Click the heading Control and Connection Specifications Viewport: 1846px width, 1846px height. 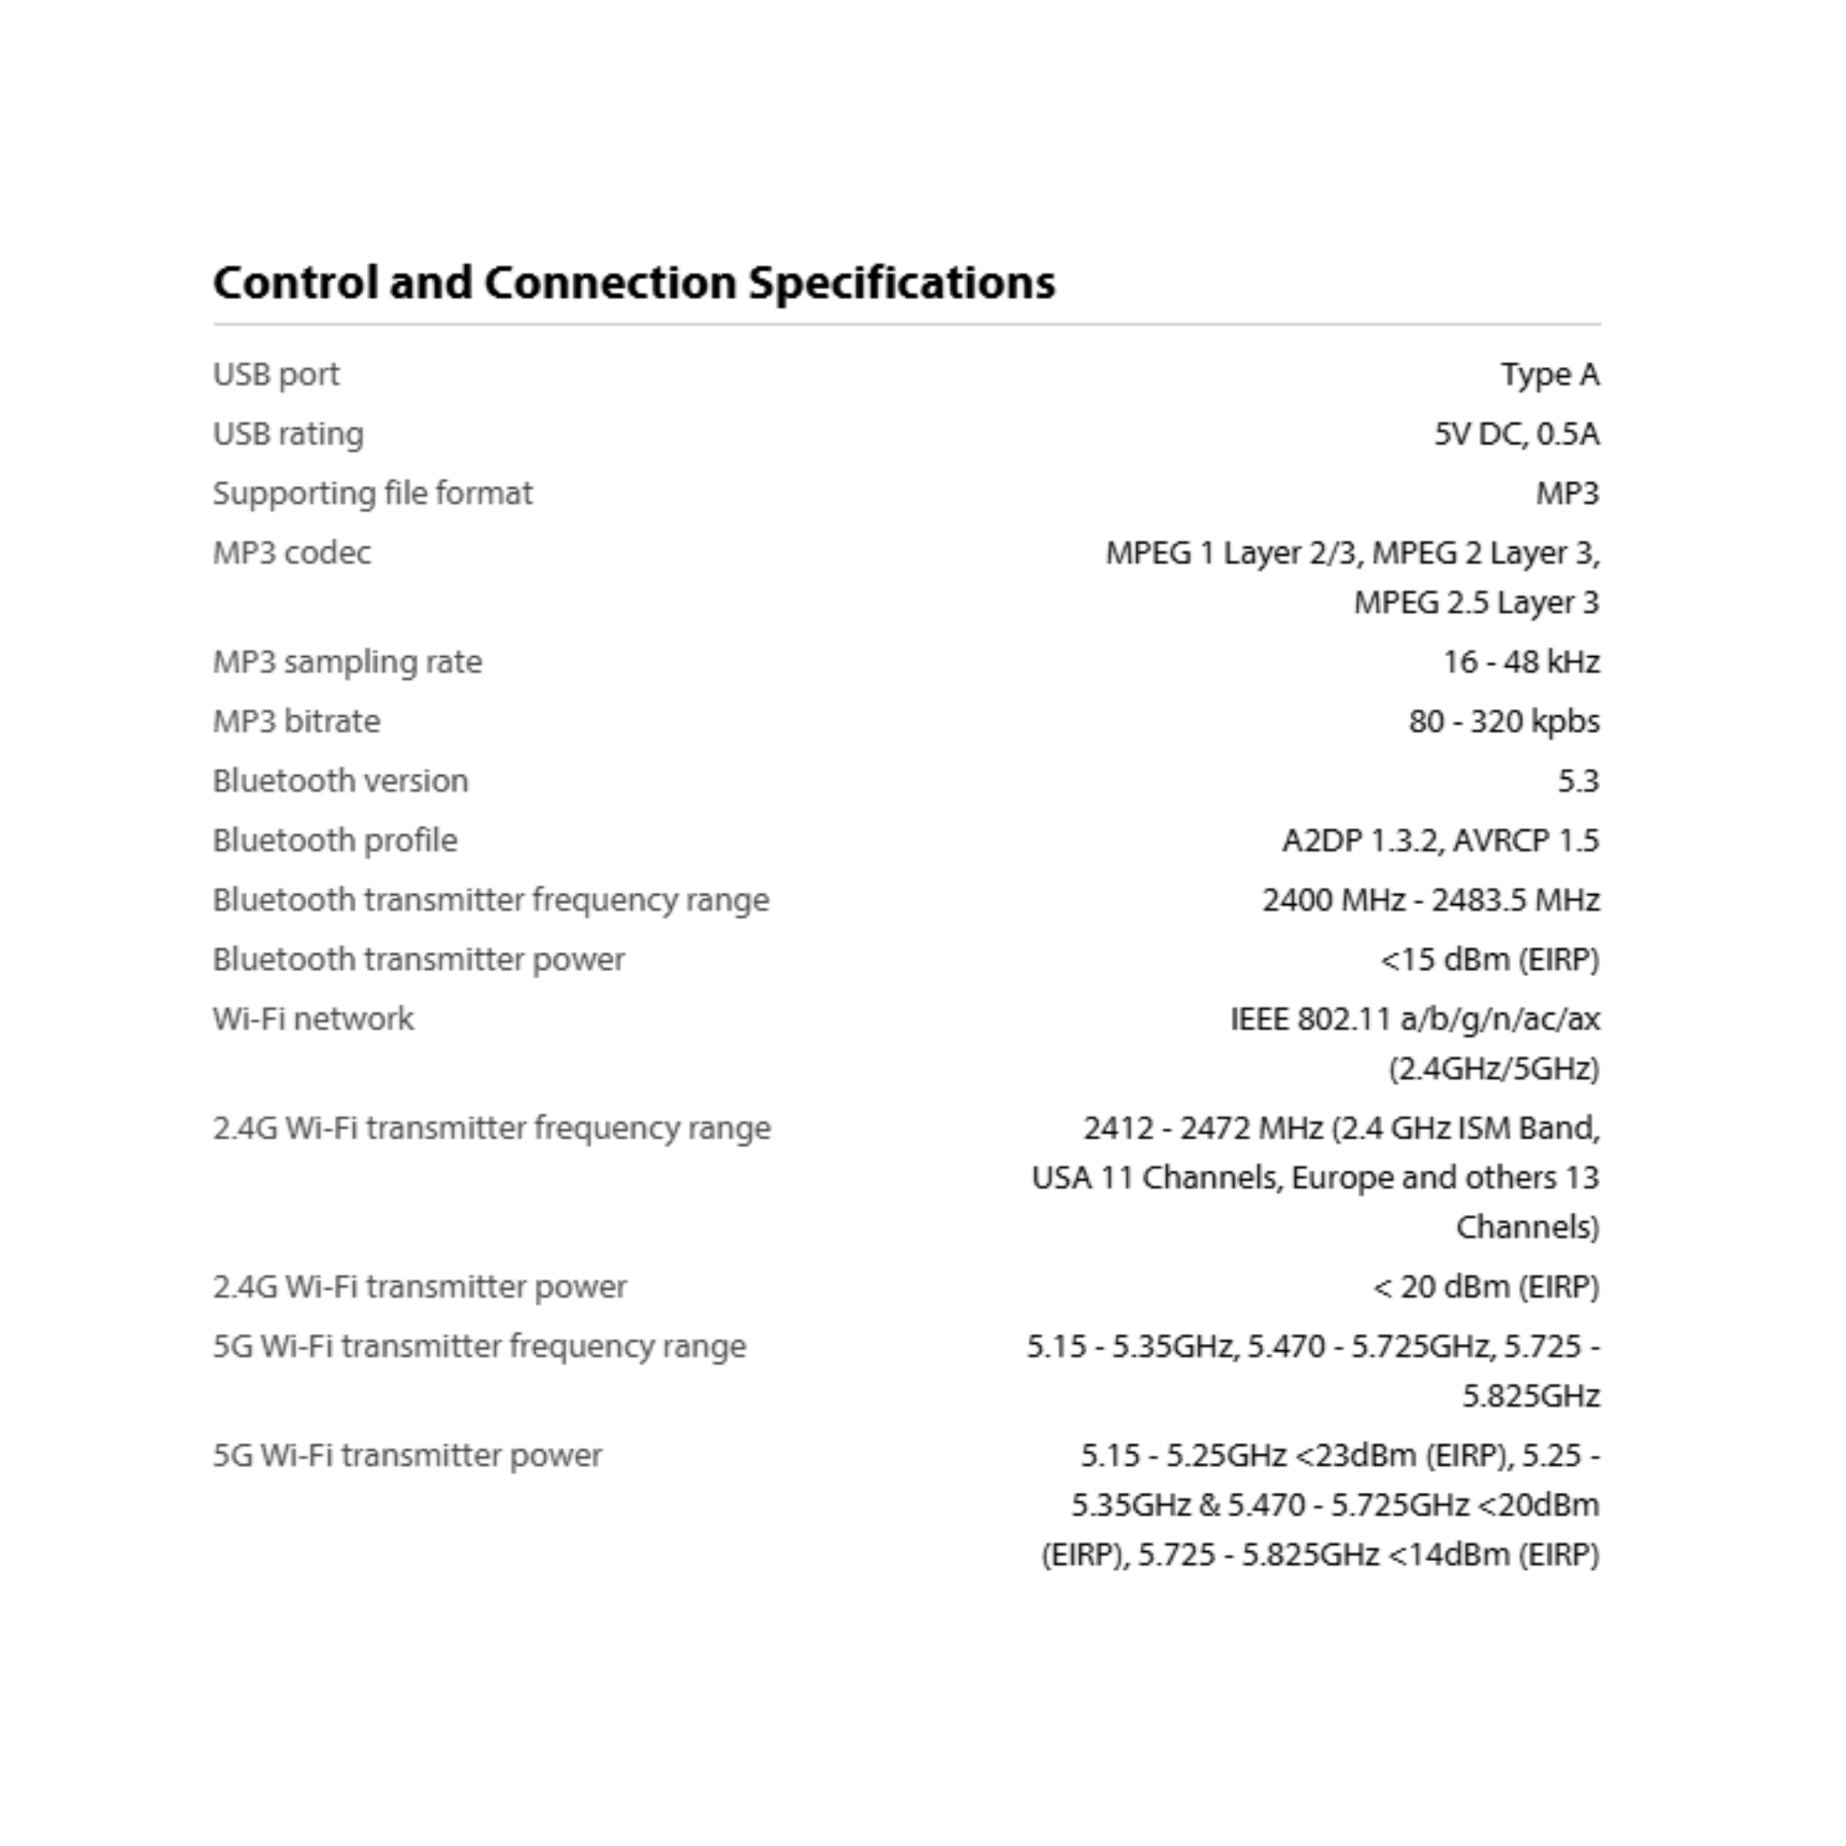pyautogui.click(x=634, y=283)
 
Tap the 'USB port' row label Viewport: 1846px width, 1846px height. pyautogui.click(x=275, y=375)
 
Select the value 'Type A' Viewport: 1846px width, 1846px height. pyautogui.click(x=1549, y=375)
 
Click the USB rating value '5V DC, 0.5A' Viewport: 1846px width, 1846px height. pyautogui.click(x=1515, y=434)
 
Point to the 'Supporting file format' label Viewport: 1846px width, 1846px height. pyautogui.click(x=372, y=493)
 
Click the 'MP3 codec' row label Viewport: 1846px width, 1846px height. pyautogui.click(x=291, y=553)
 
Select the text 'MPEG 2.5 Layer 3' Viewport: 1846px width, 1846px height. pyautogui.click(x=1476, y=602)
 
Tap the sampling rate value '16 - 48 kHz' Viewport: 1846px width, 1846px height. pyautogui.click(x=1521, y=662)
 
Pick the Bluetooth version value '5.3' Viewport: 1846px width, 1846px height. pyautogui.click(x=1577, y=781)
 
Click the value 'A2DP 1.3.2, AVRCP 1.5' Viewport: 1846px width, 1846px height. pyautogui.click(x=1439, y=840)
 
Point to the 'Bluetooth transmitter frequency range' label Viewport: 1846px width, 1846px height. pyautogui.click(x=490, y=900)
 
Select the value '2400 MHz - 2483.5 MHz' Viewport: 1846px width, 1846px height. pyautogui.click(x=1430, y=900)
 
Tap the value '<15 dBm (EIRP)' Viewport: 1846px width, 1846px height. pyautogui.click(x=1489, y=959)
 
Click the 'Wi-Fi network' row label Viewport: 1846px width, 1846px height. pyautogui.click(x=314, y=1019)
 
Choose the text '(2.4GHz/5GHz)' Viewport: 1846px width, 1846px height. pyautogui.click(x=1494, y=1068)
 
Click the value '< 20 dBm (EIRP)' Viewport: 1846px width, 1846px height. pyautogui.click(x=1485, y=1287)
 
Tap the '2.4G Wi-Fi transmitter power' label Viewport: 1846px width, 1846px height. pyautogui.click(x=419, y=1287)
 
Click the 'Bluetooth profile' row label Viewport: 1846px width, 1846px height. pyautogui.click(x=334, y=840)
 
